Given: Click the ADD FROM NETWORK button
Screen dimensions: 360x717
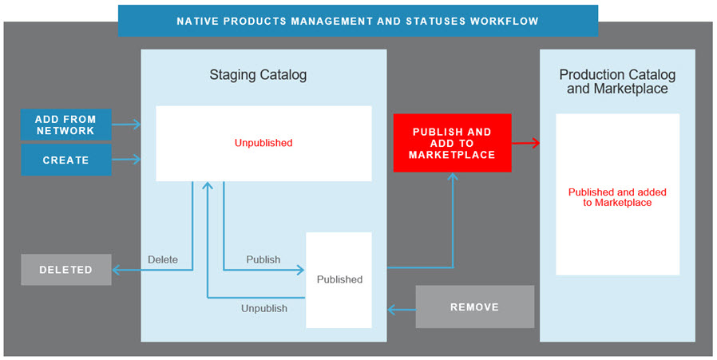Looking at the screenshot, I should (65, 125).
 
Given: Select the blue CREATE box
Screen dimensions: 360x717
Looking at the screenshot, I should (65, 160).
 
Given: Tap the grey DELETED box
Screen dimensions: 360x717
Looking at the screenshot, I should (65, 270).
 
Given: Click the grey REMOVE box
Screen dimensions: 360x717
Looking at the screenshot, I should (474, 307).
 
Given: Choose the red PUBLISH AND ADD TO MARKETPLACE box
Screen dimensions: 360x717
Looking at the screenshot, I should (452, 143).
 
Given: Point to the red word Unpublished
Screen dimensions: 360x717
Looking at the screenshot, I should (263, 144).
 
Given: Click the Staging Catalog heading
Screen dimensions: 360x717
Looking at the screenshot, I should (258, 75).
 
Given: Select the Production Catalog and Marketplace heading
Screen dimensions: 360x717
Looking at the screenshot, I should (617, 81).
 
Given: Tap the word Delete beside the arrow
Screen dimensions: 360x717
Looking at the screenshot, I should (163, 259).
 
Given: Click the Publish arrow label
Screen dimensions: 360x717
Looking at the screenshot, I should (263, 259).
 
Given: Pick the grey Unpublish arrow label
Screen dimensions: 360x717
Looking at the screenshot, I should (263, 308).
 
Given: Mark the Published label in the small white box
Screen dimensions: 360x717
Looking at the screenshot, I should (339, 279).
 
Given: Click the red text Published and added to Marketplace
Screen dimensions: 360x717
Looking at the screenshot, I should (617, 197).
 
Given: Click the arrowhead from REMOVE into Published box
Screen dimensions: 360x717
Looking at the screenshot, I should (392, 307).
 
